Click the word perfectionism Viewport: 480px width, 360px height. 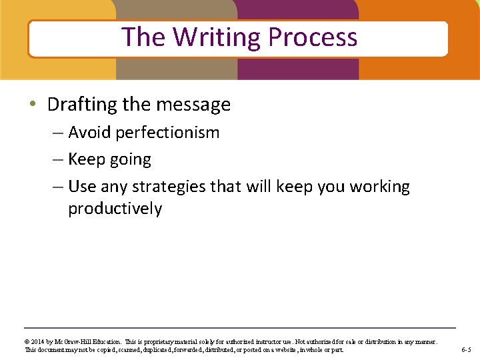167,133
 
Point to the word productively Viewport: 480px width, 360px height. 115,209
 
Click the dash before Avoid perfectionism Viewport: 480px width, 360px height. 58,133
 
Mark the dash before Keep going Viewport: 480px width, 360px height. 58,160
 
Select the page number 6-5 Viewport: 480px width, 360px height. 466,350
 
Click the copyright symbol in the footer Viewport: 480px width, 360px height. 27,342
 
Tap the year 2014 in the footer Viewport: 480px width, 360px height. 39,342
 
